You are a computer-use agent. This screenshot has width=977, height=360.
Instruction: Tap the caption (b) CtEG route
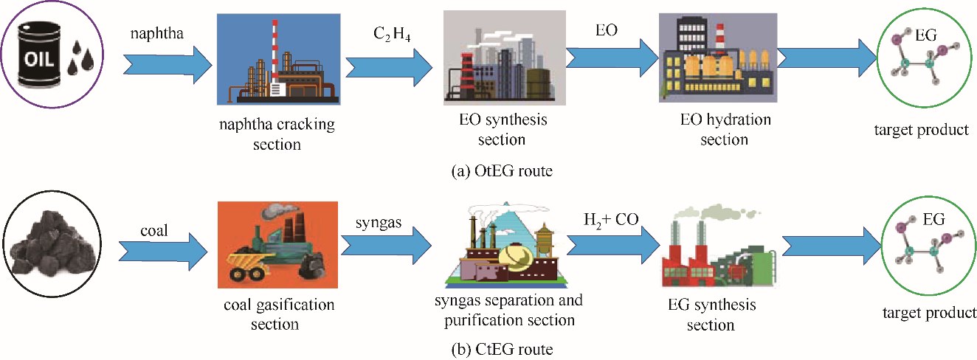499,347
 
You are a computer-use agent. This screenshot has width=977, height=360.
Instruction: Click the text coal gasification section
277,313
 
